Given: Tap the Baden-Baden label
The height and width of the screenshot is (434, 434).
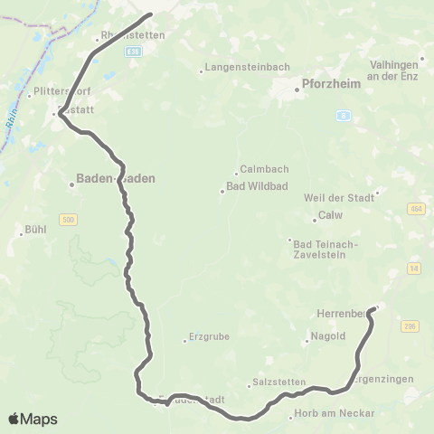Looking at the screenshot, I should click(x=116, y=179).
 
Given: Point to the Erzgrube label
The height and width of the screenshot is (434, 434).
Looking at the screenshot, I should click(x=210, y=338).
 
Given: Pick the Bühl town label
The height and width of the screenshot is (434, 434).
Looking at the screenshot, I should click(x=36, y=231).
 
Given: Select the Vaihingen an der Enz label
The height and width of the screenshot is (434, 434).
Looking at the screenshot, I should click(x=399, y=71).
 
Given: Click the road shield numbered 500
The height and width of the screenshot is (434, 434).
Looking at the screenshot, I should click(x=69, y=219).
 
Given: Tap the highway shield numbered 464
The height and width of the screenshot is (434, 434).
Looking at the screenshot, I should click(x=415, y=209).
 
